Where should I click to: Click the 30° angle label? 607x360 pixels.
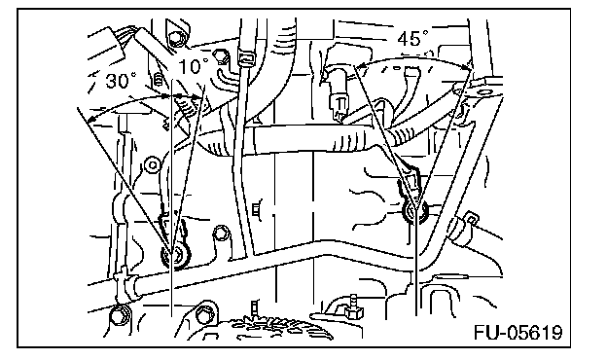(121, 81)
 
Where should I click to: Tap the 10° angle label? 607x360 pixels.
(193, 66)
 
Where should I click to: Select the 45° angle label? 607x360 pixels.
(412, 38)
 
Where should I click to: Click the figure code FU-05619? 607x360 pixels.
(518, 332)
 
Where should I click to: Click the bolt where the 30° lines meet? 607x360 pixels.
(176, 256)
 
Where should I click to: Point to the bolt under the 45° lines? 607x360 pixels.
(415, 211)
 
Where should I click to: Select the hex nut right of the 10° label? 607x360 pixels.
(222, 56)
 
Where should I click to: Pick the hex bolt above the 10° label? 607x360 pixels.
(176, 38)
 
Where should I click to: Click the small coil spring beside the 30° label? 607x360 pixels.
(158, 80)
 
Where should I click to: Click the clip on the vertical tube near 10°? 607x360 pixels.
(247, 55)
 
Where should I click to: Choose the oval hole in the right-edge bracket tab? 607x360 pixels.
(483, 92)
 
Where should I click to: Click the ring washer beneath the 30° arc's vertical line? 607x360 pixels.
(153, 165)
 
